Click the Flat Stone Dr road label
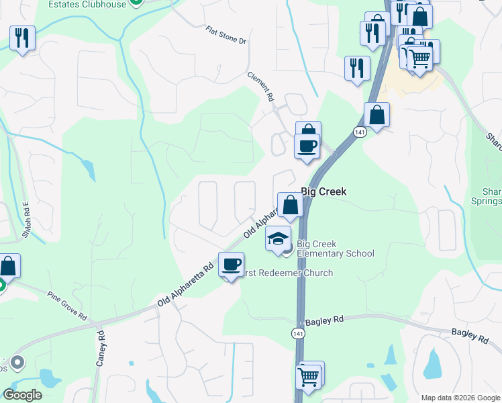click(x=226, y=36)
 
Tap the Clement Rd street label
click(x=262, y=87)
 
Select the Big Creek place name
click(x=323, y=192)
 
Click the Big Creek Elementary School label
click(x=335, y=249)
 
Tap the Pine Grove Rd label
click(x=67, y=305)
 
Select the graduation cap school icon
click(x=278, y=238)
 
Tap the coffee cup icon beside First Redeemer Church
click(x=231, y=264)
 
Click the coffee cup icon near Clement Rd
click(x=307, y=146)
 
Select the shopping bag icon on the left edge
click(x=8, y=265)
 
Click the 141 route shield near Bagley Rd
click(x=296, y=333)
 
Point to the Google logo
click(x=22, y=395)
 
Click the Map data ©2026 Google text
click(x=459, y=398)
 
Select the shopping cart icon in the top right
click(x=419, y=58)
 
